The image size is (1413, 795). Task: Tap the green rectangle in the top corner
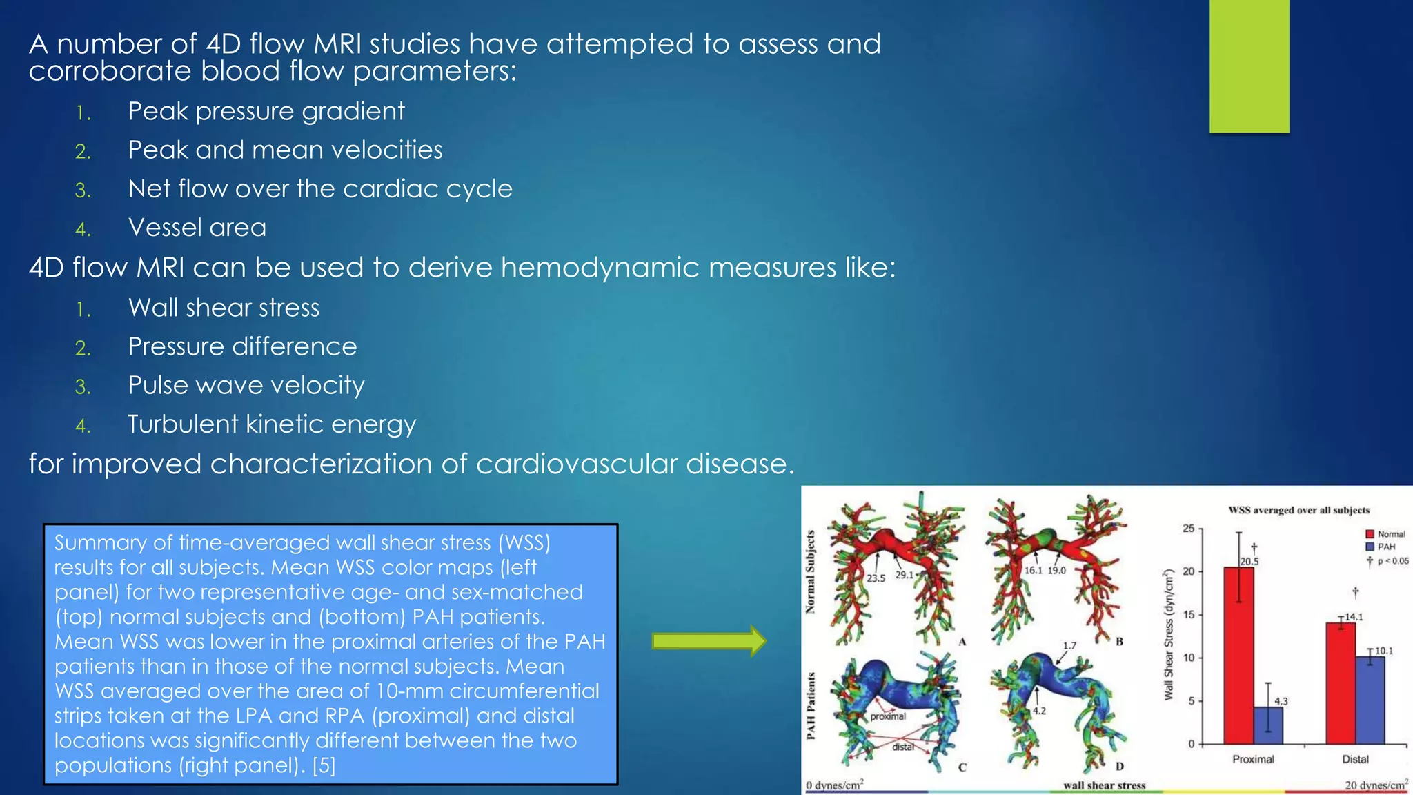[1249, 66]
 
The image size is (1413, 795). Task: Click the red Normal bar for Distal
[1341, 683]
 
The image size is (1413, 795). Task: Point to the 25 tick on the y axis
[1189, 529]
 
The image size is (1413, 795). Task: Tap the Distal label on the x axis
[1355, 759]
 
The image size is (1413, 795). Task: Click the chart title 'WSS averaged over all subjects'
[1298, 511]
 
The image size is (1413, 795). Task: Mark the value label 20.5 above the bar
[1249, 562]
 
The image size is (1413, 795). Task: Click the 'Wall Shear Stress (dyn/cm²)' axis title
[1168, 635]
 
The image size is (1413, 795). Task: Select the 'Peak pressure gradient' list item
[266, 111]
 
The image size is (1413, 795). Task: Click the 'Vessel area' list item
[197, 227]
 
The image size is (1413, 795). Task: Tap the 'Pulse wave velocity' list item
[246, 385]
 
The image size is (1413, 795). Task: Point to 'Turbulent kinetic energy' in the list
[272, 424]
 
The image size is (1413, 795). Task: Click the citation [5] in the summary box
[324, 765]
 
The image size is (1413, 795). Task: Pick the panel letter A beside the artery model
[962, 642]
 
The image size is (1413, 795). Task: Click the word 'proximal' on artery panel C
[888, 716]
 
